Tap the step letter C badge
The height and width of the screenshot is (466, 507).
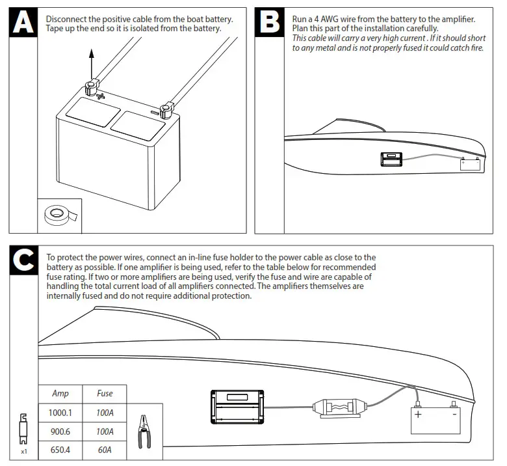click(x=25, y=261)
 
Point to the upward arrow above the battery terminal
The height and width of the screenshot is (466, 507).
click(x=92, y=62)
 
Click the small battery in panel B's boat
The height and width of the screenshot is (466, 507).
click(x=470, y=163)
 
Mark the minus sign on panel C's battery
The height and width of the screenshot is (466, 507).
click(x=453, y=414)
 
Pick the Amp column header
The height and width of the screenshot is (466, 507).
click(x=60, y=394)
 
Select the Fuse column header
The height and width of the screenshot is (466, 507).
click(x=105, y=394)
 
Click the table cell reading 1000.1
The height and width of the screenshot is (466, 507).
click(x=60, y=413)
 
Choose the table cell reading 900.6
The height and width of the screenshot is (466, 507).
click(x=60, y=432)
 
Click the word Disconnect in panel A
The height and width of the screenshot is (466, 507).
click(x=69, y=20)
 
